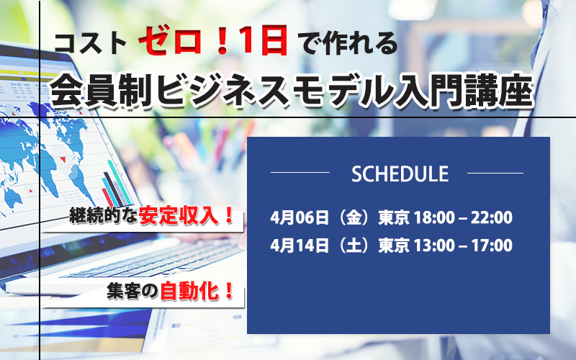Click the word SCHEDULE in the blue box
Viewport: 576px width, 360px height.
click(x=400, y=174)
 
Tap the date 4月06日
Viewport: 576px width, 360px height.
click(x=300, y=217)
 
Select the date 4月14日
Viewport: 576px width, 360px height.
click(x=300, y=245)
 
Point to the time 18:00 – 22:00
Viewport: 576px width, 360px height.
click(x=463, y=217)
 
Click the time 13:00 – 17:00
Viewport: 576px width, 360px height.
click(x=463, y=245)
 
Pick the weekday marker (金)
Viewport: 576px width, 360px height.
click(x=354, y=217)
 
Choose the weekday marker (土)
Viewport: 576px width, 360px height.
click(x=354, y=245)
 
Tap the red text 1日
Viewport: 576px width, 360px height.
click(x=263, y=42)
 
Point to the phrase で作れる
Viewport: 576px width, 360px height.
click(x=349, y=43)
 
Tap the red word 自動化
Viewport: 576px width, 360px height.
click(x=190, y=292)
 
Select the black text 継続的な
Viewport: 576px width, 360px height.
click(x=104, y=216)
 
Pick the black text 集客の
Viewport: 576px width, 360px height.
click(x=132, y=292)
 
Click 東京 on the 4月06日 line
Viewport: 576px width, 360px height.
click(x=393, y=217)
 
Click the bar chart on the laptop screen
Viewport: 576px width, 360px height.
click(x=117, y=184)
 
